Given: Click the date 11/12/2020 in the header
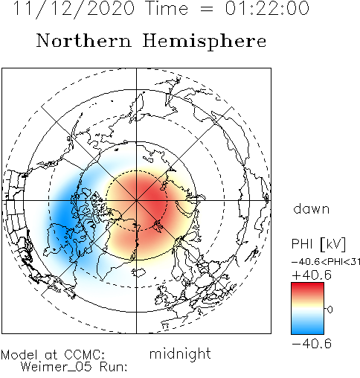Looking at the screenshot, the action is coord(74,9).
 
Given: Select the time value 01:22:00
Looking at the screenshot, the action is coord(267,8).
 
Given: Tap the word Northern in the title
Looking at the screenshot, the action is coord(84,40).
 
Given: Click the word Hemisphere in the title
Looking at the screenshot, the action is coord(205,42).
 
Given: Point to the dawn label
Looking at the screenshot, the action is coord(312,209).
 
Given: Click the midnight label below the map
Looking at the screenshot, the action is coord(180,353).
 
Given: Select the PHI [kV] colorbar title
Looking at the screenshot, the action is coord(318,244).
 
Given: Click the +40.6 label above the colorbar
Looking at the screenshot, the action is coord(312,275).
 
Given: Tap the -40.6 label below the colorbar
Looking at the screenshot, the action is coord(312,344).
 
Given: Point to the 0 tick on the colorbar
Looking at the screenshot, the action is coord(330,310).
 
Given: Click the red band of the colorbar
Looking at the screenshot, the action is coord(307,289).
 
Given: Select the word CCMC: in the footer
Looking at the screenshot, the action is coord(84,354).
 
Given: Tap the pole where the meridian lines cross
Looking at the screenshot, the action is coord(136,200).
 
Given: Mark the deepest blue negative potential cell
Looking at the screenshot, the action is coord(63,218).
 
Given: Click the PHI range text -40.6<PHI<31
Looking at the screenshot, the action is coord(326,262).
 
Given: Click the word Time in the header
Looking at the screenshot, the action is coord(167,8).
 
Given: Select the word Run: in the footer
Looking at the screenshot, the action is coord(114,367).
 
